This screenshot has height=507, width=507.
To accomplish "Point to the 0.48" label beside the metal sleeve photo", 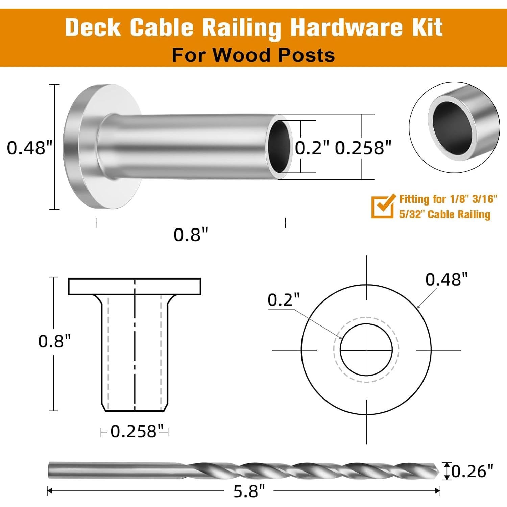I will pos(30,148).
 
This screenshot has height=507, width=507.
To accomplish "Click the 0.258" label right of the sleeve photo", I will pos(363,148).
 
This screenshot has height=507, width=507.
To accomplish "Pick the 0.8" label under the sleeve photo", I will pos(191,234).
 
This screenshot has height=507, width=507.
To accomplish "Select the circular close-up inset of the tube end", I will pos(454,127).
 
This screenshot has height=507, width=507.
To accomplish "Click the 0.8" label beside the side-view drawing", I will pos(54,341).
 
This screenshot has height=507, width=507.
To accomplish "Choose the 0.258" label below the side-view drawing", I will pos(135,431).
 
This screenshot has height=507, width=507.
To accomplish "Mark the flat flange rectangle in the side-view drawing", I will pos(135,287).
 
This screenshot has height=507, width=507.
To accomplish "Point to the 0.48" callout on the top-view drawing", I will pos(446,280).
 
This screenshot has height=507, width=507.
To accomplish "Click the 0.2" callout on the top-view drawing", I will pos(283,300).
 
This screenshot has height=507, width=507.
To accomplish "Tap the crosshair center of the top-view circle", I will pos(366,350).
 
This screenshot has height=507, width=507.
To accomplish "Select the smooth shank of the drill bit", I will pos(112,470).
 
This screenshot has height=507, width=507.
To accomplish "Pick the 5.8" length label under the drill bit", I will pos(249,491).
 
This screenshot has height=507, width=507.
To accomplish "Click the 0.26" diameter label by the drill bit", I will pos(472,471).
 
